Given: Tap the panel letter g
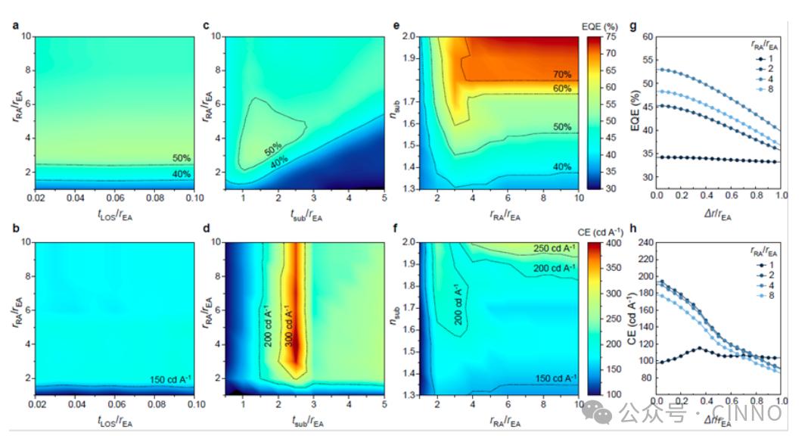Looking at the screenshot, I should [633, 26].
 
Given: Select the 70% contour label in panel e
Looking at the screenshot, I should [561, 74].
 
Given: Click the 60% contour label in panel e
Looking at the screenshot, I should [561, 89].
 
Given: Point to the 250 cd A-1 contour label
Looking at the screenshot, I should [552, 249].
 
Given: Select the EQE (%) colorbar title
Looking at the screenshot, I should [601, 26].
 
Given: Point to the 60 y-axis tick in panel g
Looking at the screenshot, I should [645, 36].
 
